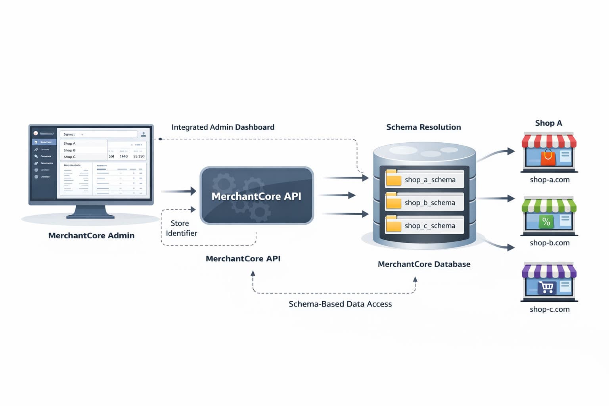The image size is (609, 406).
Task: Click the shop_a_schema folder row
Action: [x=424, y=179]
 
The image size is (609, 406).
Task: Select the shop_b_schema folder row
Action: [x=424, y=203]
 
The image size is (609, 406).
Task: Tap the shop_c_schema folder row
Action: [x=424, y=226]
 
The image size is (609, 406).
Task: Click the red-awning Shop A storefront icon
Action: [x=549, y=152]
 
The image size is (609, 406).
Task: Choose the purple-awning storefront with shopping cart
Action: [x=549, y=282]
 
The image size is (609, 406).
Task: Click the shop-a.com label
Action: [x=550, y=180]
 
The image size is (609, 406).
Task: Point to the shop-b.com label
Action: [x=550, y=243]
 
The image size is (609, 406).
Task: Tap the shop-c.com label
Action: [x=550, y=309]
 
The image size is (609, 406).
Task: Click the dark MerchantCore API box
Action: [x=257, y=196]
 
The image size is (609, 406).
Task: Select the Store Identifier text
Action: [x=181, y=228]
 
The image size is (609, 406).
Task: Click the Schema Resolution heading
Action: [x=423, y=127]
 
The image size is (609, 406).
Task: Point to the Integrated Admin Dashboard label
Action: [x=223, y=127]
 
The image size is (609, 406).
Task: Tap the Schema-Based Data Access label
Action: [x=340, y=304]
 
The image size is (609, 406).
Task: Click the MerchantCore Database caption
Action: [x=424, y=264]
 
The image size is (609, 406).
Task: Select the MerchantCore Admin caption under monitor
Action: [x=91, y=236]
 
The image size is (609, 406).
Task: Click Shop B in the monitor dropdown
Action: [x=70, y=150]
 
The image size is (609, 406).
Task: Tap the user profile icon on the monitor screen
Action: [x=144, y=134]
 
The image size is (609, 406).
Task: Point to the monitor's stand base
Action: [x=90, y=216]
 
